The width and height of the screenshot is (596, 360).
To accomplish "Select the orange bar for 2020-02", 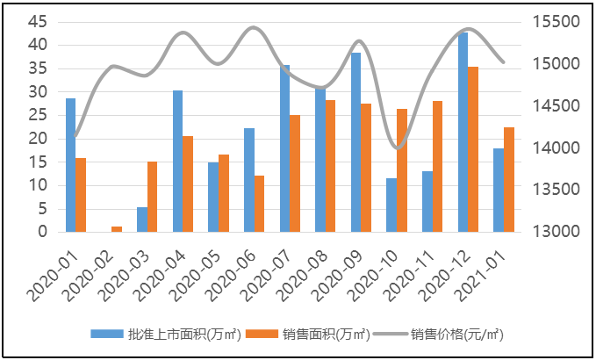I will tap(117, 229).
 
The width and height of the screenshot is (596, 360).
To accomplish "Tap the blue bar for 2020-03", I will tap(142, 220).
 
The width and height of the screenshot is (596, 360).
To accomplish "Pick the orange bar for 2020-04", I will tap(188, 184).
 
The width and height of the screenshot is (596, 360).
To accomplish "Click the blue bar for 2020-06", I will tap(249, 180).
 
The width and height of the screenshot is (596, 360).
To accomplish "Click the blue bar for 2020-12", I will tap(463, 132).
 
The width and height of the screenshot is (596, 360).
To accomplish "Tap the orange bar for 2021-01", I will tap(509, 179).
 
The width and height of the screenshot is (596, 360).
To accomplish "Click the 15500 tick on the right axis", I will tap(556, 21).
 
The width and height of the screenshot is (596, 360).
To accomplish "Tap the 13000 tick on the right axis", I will tap(556, 232).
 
